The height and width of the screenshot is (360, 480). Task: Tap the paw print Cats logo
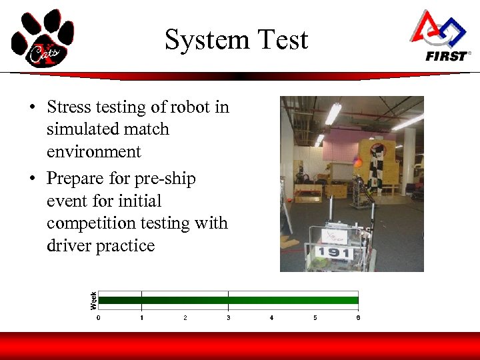[42, 38]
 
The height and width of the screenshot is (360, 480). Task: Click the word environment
[94, 152]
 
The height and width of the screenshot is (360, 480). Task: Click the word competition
[95, 223]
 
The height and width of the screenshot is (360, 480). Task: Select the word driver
[69, 246]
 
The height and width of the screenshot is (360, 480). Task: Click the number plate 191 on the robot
[333, 252]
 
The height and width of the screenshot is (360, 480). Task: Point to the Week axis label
[93, 300]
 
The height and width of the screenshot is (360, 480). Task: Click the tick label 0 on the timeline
[99, 318]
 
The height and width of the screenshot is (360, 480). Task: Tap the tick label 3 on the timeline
[228, 318]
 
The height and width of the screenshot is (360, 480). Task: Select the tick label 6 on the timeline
[358, 318]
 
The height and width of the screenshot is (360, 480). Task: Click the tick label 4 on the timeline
[271, 318]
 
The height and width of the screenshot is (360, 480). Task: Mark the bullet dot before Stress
[32, 108]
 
